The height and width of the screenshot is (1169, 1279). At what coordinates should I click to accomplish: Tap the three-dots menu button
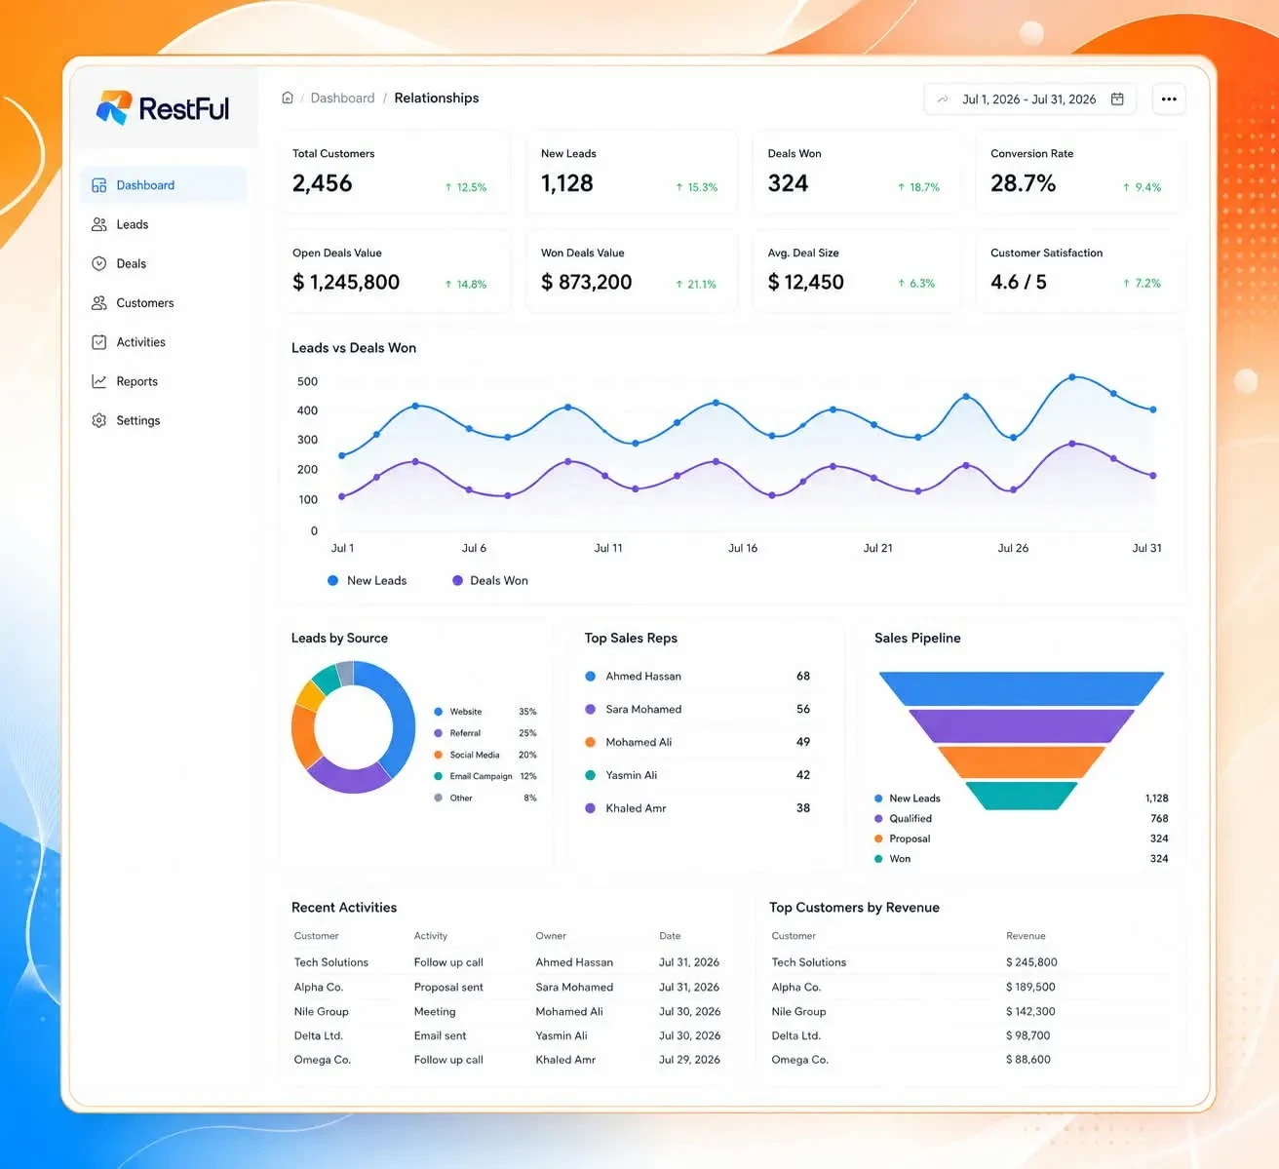tap(1169, 98)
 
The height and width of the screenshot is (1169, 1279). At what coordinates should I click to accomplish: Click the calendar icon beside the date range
tap(1117, 98)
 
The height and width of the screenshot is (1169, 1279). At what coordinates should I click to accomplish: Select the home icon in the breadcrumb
tap(288, 97)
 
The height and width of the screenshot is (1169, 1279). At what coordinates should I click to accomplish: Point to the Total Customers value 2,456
tap(322, 183)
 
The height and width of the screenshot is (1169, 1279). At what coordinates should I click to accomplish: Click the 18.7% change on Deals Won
tap(918, 187)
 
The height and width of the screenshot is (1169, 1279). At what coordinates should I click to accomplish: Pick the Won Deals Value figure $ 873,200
tap(586, 282)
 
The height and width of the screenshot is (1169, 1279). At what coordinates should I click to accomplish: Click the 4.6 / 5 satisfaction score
tap(1018, 282)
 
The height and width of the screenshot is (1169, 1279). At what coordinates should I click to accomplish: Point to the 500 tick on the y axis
tap(307, 381)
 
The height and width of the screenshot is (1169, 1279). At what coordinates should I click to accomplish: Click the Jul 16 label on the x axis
tap(743, 548)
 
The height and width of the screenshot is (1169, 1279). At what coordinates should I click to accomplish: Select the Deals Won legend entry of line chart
tap(489, 580)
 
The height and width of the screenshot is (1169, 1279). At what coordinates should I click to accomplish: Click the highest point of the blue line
tap(1072, 377)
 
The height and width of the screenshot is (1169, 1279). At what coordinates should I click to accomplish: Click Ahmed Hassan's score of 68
tap(802, 676)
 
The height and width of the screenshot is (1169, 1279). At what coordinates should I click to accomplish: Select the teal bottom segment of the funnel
tap(1021, 796)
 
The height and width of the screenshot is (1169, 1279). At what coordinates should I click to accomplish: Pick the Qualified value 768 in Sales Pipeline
tap(1159, 818)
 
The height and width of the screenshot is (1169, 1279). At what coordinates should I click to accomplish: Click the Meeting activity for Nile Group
tap(435, 1011)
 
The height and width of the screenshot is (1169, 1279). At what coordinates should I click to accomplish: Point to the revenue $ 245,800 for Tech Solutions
tap(1031, 961)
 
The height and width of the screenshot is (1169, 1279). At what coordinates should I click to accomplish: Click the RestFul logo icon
tap(114, 107)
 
